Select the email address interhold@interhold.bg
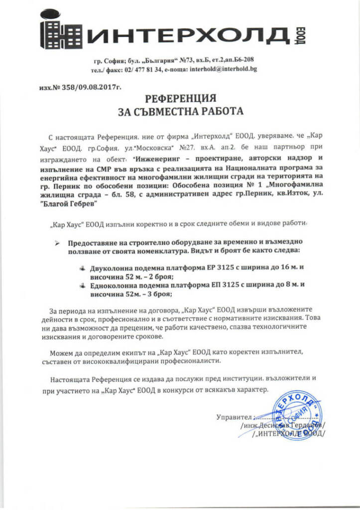point(223,69)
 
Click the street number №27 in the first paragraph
point(186,147)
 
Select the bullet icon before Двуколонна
point(82,267)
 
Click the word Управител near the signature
point(234,416)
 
